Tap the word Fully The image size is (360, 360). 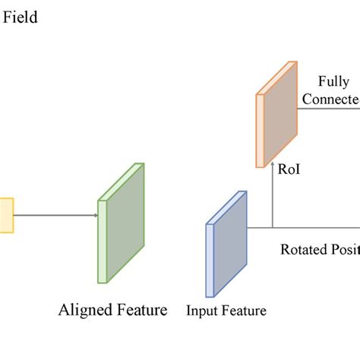tap(334, 81)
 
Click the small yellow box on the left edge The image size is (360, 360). tap(6, 215)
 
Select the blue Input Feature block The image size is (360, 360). tap(227, 243)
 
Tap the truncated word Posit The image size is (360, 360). tap(343, 249)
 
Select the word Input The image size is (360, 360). tap(201, 310)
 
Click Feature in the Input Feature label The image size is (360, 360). tap(243, 310)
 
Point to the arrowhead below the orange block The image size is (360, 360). tap(273, 165)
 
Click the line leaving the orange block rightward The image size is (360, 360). tap(327, 109)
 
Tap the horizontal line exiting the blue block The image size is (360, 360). tap(304, 227)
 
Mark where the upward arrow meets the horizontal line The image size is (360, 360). tap(273, 227)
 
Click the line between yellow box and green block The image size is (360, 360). tap(53, 215)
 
